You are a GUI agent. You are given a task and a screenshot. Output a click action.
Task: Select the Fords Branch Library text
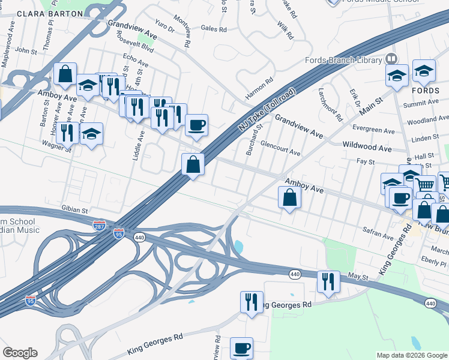click(x=343, y=60)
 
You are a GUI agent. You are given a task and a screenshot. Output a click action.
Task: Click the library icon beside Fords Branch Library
click(x=391, y=59)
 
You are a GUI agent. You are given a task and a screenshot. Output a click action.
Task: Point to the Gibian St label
click(x=74, y=211)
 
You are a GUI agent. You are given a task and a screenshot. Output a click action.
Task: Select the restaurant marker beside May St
click(x=328, y=282)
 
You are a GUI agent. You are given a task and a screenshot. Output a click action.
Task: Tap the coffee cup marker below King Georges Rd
click(x=242, y=348)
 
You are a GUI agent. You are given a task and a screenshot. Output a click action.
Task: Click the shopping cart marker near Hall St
click(x=425, y=184)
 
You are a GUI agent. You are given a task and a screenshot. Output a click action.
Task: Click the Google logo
click(x=20, y=353)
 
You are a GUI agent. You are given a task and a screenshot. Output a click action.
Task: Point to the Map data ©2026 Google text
click(x=411, y=355)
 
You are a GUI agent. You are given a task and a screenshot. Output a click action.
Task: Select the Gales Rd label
click(x=214, y=28)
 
